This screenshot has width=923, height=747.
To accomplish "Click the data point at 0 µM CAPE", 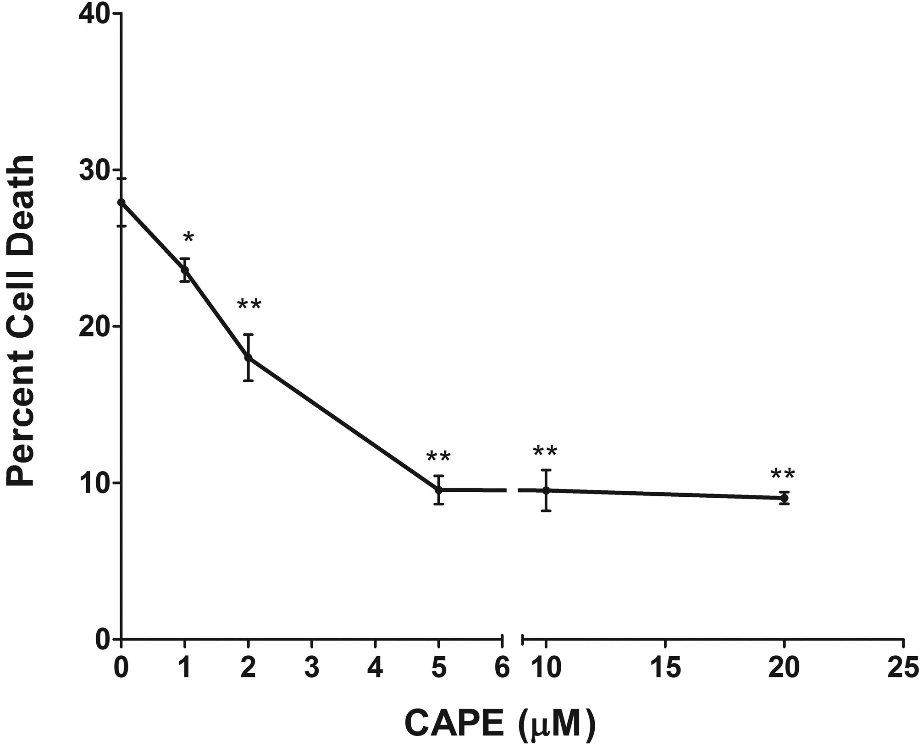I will click(121, 202).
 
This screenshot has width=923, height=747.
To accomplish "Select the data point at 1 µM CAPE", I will click(185, 270).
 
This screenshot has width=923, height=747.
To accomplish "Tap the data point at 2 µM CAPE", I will click(249, 357).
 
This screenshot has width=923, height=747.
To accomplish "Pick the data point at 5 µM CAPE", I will click(439, 490).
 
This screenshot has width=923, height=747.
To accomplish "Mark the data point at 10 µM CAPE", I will click(546, 490).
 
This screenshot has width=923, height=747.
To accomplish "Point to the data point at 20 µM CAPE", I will click(784, 498).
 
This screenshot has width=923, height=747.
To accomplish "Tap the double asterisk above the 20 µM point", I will click(782, 475).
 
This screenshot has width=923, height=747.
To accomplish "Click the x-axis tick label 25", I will click(903, 668).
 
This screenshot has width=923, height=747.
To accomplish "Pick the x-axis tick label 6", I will click(503, 668).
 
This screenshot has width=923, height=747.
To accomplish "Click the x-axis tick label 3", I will click(312, 668).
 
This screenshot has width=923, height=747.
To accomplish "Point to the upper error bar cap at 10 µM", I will click(546, 470).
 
